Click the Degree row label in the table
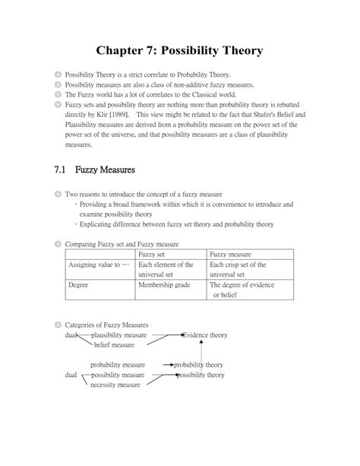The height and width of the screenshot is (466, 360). [78, 285]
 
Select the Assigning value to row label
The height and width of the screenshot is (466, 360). [94, 265]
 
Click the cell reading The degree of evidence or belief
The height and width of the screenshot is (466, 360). [239, 290]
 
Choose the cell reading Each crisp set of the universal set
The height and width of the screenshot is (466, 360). [237, 269]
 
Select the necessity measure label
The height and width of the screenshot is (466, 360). [115, 385]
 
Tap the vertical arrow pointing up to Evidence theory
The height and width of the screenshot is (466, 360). [201, 350]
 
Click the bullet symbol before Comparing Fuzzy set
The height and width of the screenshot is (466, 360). [58, 244]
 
